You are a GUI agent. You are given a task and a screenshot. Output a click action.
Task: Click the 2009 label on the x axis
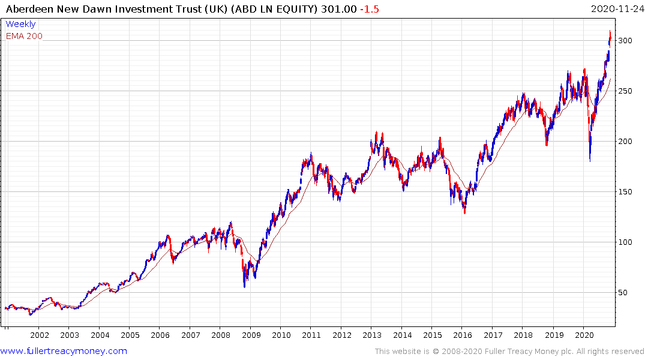(251, 335)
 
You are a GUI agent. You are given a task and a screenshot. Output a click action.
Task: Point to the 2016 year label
(463, 335)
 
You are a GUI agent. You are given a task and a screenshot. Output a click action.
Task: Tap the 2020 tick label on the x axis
(584, 335)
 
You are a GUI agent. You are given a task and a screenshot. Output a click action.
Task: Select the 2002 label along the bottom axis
(39, 335)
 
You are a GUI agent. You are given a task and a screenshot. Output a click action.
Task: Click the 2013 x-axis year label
(372, 335)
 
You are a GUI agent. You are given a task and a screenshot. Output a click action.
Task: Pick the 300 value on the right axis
(626, 41)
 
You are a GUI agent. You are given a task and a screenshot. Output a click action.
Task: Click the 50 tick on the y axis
(624, 293)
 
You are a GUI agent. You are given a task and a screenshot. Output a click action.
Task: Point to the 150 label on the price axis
(626, 192)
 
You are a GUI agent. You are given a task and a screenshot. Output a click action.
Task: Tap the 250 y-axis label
(626, 91)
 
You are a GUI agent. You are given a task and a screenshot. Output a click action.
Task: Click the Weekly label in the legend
(20, 25)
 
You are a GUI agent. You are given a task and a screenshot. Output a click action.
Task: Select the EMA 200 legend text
(24, 36)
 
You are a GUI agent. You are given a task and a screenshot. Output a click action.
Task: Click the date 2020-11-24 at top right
(616, 8)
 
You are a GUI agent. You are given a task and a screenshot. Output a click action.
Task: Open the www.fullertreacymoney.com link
(64, 352)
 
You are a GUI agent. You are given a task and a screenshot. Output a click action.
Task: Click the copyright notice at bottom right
(509, 352)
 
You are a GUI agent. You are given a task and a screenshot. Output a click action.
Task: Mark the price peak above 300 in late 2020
(610, 31)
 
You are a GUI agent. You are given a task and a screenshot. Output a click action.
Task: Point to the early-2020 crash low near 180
(590, 160)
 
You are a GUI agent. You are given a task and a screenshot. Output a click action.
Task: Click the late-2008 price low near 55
(244, 286)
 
